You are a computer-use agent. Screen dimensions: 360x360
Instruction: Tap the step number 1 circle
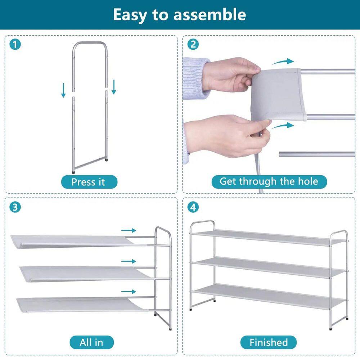point(15,45)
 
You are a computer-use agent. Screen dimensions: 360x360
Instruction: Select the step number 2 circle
point(193,45)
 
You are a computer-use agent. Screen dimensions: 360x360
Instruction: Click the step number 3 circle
point(15,207)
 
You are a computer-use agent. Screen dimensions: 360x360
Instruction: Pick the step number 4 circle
point(193,207)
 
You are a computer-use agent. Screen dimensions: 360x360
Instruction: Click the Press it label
point(89,182)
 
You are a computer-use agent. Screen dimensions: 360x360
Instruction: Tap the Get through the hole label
point(269,181)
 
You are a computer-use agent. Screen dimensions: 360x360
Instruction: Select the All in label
point(91,342)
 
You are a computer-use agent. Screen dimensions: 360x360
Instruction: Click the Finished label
point(269,342)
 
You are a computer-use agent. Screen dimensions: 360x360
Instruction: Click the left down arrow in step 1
point(63,90)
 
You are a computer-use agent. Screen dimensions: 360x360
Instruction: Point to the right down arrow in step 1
point(114,87)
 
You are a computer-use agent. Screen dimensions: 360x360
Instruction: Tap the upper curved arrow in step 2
point(283,62)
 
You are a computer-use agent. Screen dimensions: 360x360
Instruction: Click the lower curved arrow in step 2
point(283,126)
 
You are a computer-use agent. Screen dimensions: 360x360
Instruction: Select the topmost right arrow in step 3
point(129,230)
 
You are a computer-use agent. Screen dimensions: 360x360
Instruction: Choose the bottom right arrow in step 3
point(129,292)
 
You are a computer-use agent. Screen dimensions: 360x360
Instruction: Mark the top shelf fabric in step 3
point(72,240)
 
